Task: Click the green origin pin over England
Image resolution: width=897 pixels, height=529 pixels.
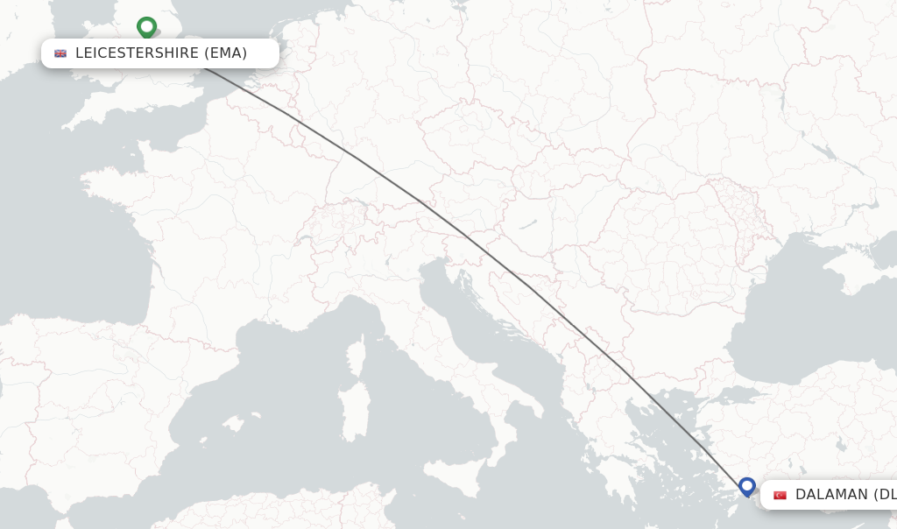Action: (x=146, y=27)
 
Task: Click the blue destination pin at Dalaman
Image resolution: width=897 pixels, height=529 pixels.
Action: (x=746, y=486)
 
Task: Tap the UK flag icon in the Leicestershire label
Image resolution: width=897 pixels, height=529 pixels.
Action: (x=60, y=53)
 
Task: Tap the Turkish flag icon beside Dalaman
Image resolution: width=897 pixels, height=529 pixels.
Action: (x=780, y=495)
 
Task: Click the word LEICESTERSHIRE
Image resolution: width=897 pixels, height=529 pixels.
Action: (x=137, y=53)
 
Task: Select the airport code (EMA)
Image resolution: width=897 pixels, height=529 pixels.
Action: (x=226, y=53)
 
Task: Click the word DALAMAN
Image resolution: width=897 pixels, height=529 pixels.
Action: (x=830, y=495)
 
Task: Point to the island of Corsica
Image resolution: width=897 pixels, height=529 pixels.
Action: (x=356, y=357)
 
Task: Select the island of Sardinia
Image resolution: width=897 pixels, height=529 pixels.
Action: (x=354, y=412)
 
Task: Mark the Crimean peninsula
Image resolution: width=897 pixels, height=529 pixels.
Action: (x=863, y=275)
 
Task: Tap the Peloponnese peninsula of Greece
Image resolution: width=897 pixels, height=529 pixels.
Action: (x=617, y=474)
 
